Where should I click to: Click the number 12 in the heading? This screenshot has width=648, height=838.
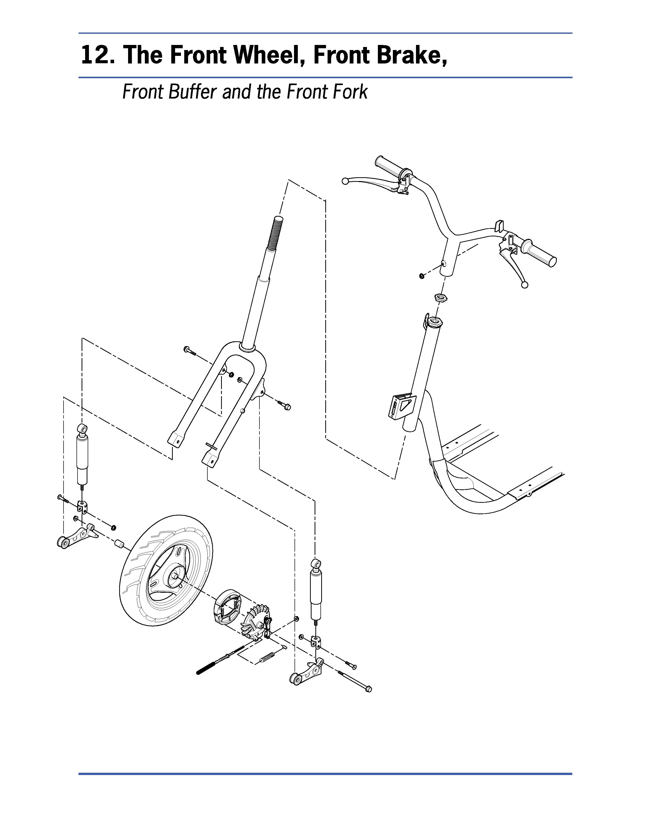coord(96,55)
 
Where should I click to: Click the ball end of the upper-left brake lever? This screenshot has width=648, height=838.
coord(345,180)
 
